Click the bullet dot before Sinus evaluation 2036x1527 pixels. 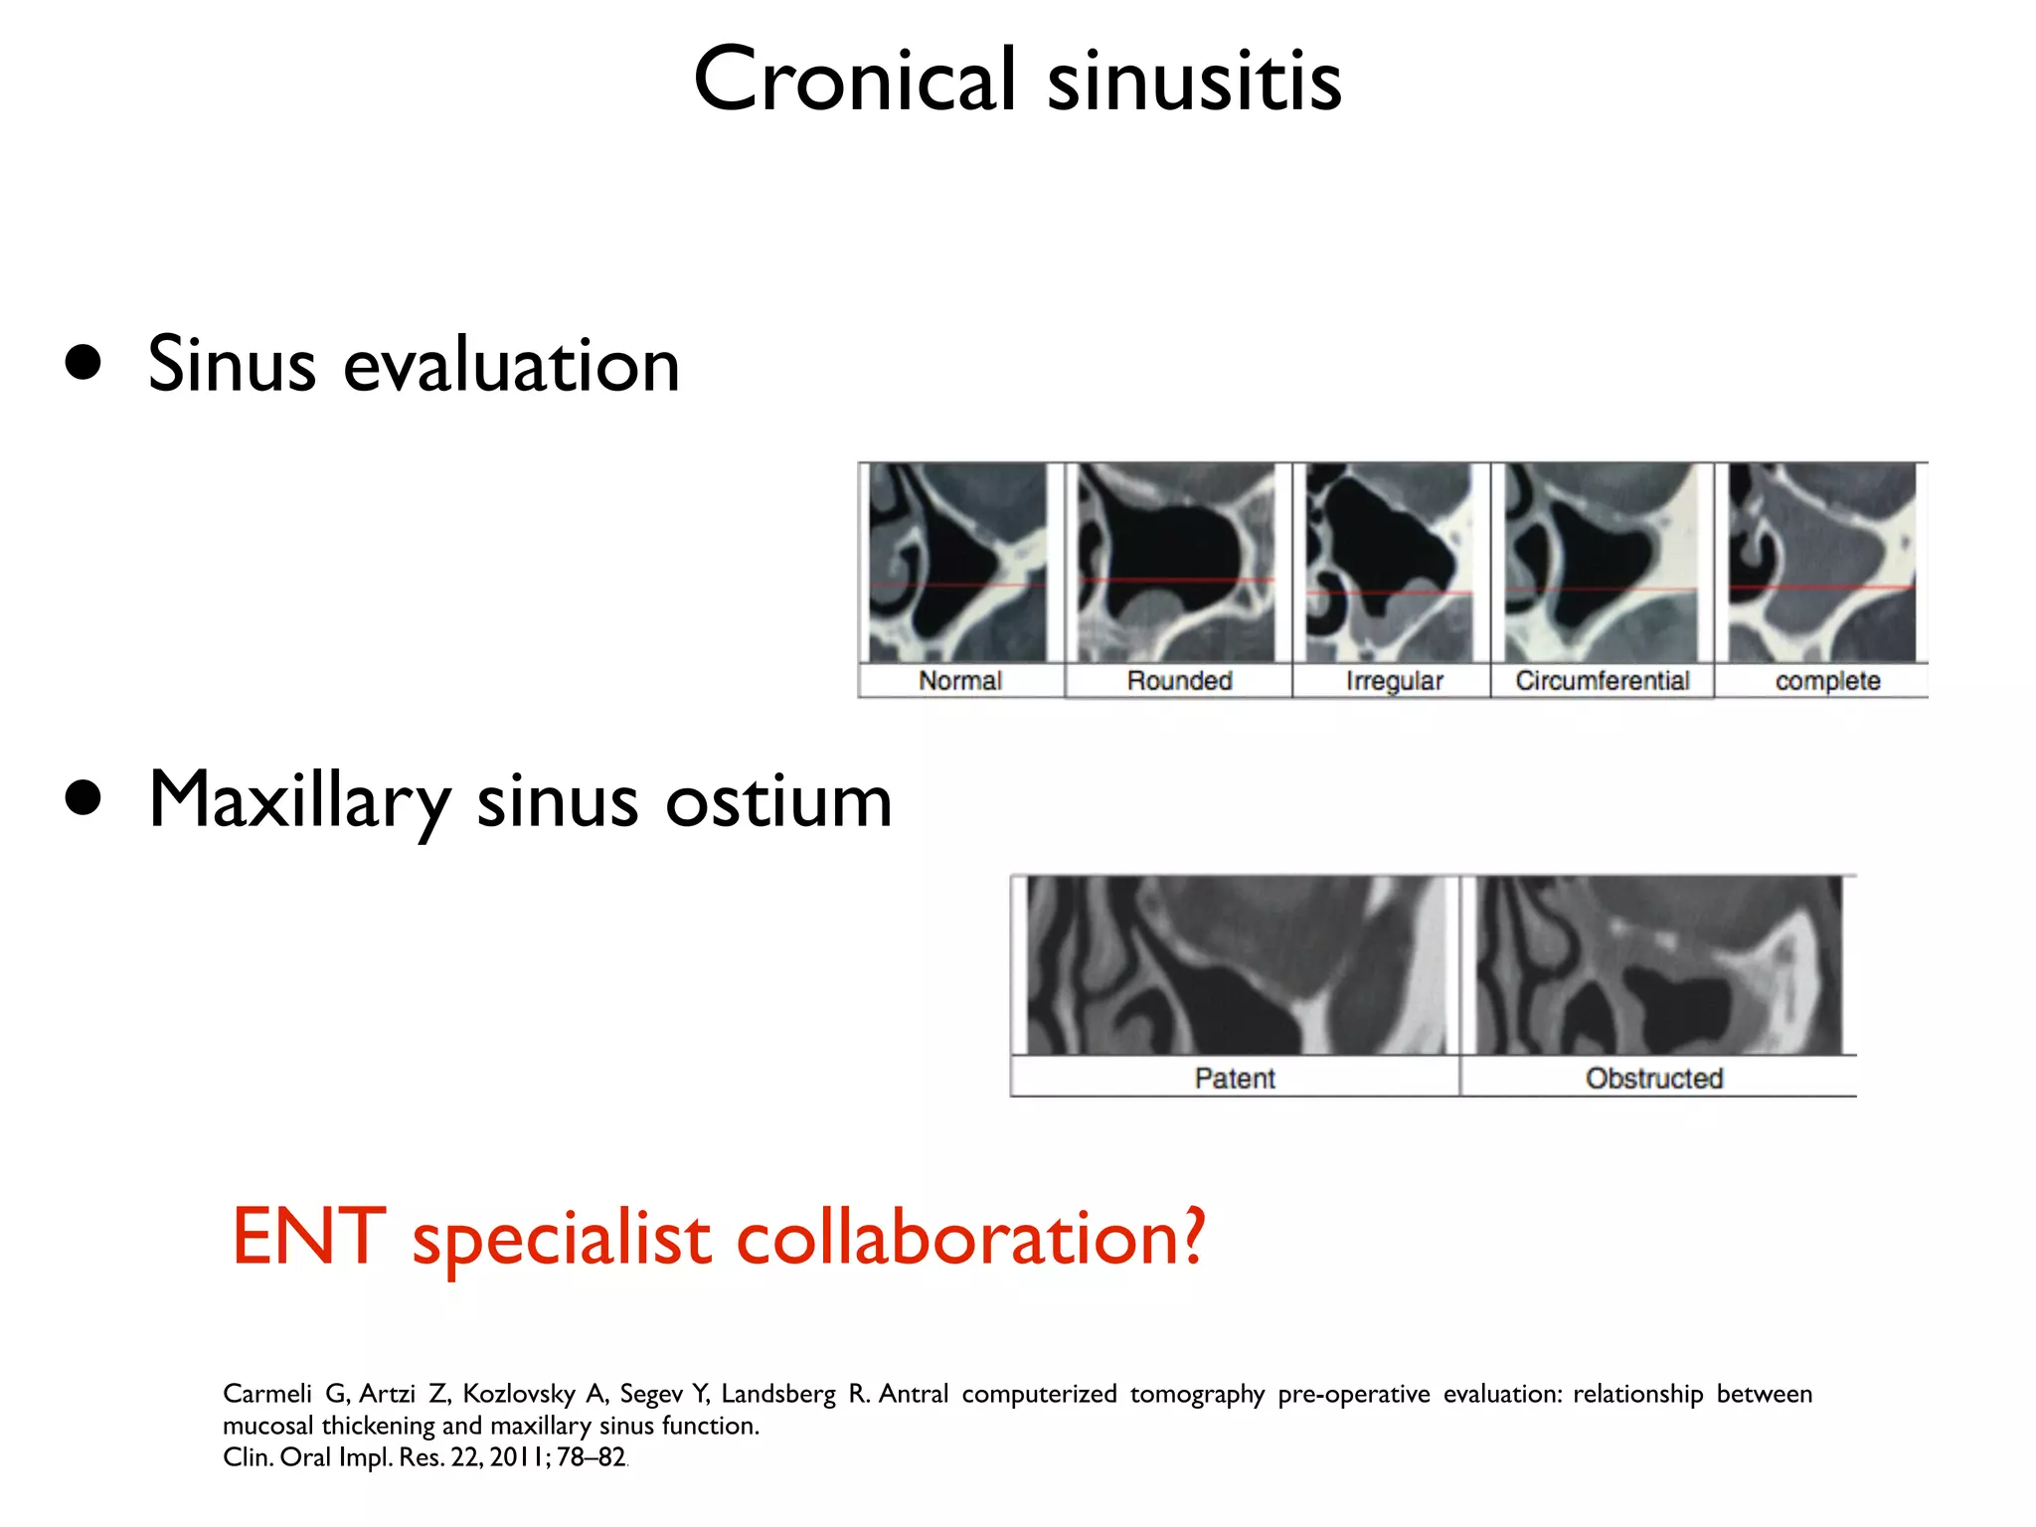pyautogui.click(x=84, y=363)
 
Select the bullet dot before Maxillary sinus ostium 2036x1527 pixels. pyautogui.click(x=84, y=797)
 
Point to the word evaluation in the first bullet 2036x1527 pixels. pyautogui.click(x=511, y=366)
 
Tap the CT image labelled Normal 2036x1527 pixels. pyautogui.click(x=958, y=563)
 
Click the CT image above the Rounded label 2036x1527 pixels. pyautogui.click(x=1177, y=563)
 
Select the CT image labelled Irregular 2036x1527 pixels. pyautogui.click(x=1390, y=563)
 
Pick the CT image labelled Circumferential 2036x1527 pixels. pyautogui.click(x=1601, y=563)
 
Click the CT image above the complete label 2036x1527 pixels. pyautogui.click(x=1821, y=563)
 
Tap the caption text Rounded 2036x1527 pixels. pyautogui.click(x=1179, y=681)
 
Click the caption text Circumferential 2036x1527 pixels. pyautogui.click(x=1602, y=681)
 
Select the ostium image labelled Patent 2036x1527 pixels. pyautogui.click(x=1236, y=965)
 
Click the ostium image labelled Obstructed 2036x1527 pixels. pyautogui.click(x=1658, y=965)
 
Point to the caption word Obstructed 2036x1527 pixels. pyautogui.click(x=1653, y=1079)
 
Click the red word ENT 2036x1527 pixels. pyautogui.click(x=308, y=1238)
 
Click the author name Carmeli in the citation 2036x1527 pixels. pyautogui.click(x=266, y=1394)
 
